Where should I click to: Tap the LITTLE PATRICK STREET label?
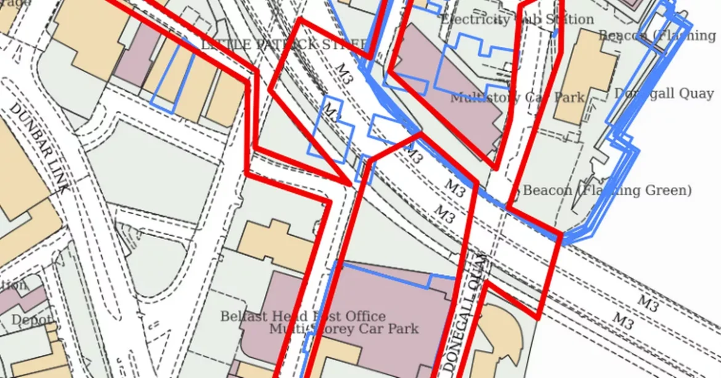(284, 44)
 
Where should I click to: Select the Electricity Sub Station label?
(518, 20)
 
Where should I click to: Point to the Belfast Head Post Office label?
(303, 316)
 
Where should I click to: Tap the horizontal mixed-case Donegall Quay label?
(664, 94)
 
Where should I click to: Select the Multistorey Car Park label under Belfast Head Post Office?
(344, 329)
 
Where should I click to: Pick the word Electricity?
(475, 20)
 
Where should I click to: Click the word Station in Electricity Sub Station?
(570, 20)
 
